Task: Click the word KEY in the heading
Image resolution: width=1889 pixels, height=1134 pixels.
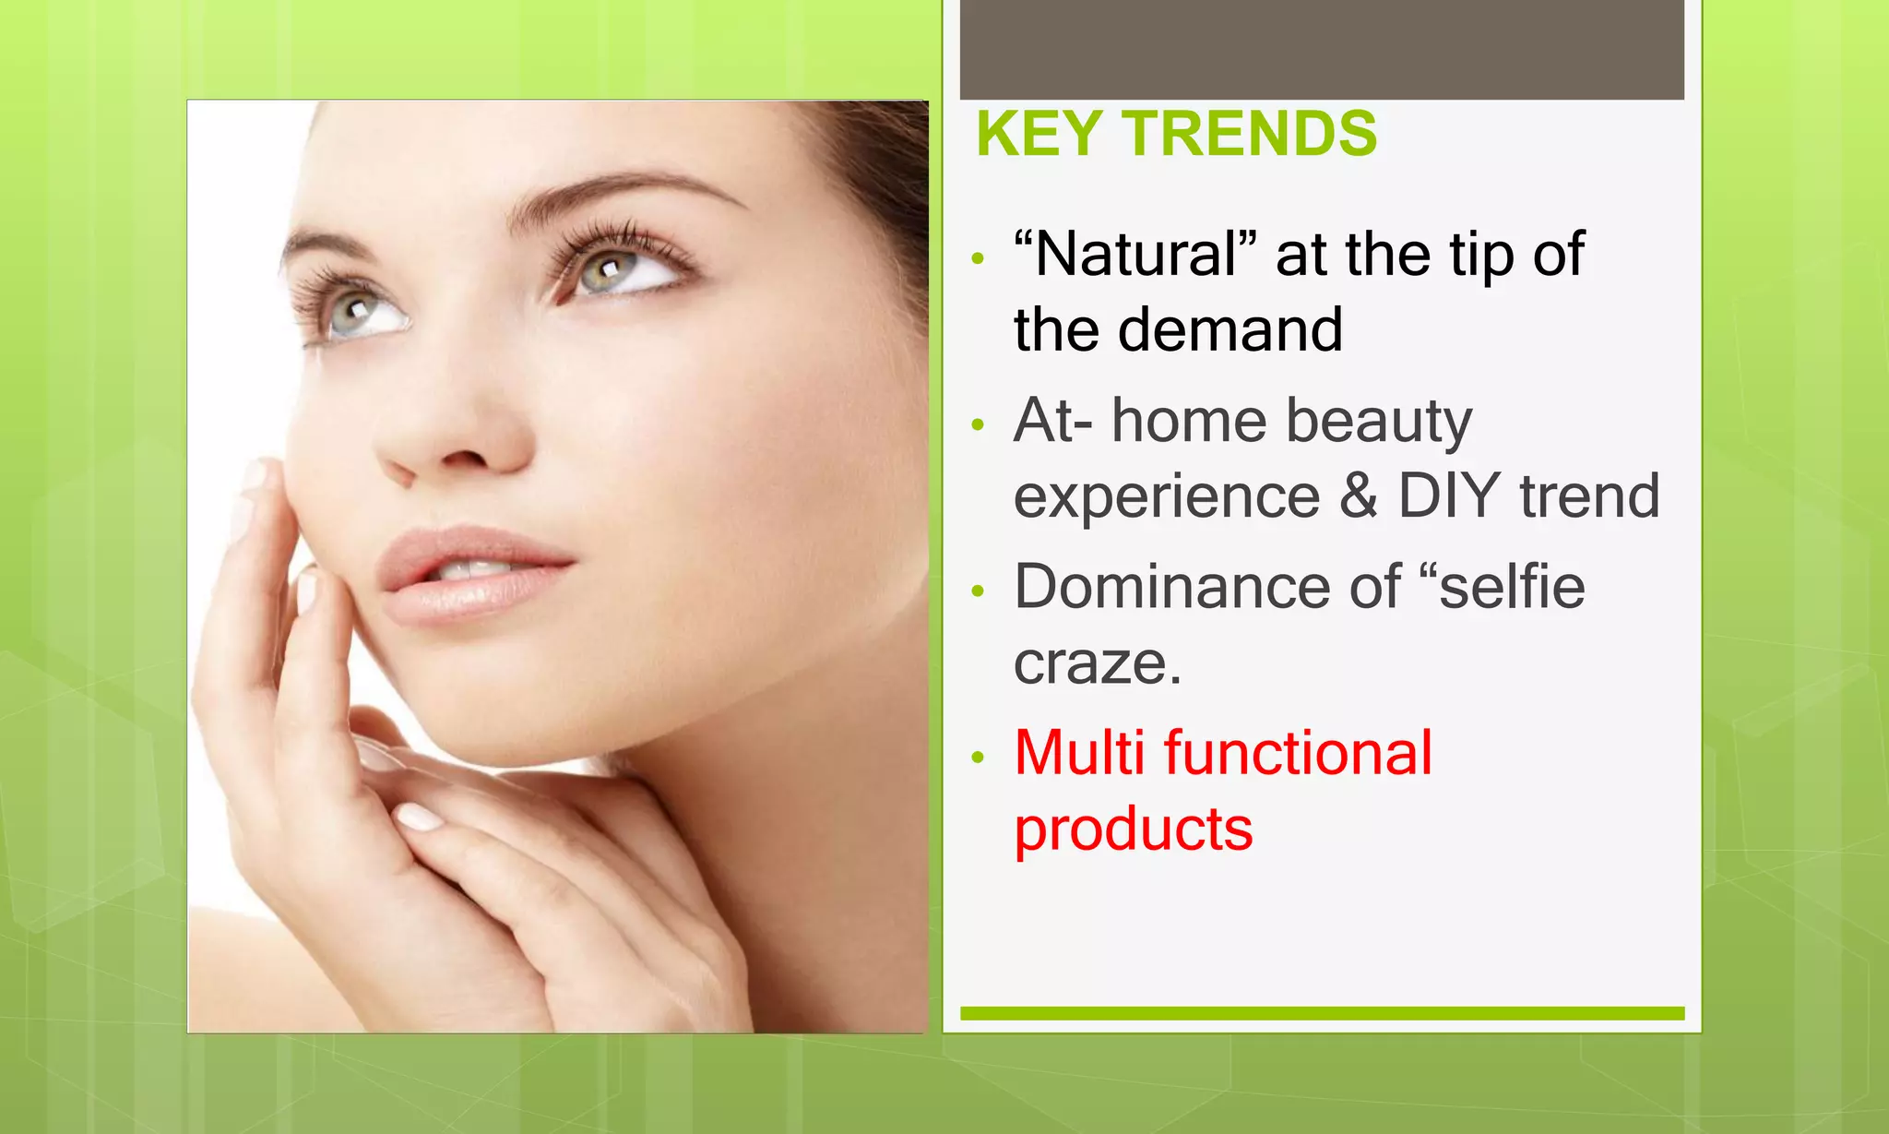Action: tap(1038, 135)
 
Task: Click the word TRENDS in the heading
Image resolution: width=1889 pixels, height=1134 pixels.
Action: tap(1250, 135)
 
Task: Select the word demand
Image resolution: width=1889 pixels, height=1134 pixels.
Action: tap(1230, 330)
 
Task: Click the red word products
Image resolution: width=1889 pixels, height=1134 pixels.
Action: tap(1134, 829)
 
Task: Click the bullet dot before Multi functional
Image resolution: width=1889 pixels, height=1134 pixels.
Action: tap(979, 758)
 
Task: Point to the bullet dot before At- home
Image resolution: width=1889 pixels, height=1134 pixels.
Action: tap(979, 425)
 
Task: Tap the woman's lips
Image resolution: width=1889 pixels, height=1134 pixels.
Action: tap(470, 572)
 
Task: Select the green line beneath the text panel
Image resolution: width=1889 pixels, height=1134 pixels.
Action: tap(1322, 1013)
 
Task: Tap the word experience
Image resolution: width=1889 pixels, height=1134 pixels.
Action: tap(1167, 496)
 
